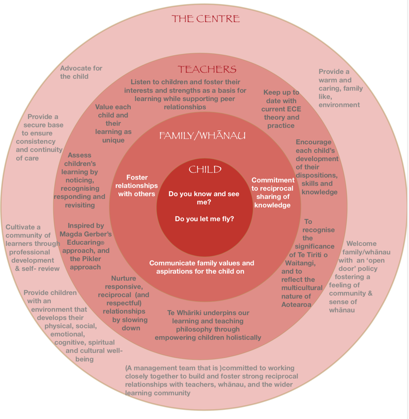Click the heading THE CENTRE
205,19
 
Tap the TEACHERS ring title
207,70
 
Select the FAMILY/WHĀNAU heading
202,135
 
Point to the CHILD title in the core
205,170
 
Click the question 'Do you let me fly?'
204,219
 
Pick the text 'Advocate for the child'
81,72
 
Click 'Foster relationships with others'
137,186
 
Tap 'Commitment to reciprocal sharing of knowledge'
273,193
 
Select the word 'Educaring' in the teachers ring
84,242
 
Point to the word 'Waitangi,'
300,263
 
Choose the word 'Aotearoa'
296,305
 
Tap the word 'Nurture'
124,278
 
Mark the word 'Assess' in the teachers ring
79,155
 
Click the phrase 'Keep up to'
281,92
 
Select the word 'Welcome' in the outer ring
361,244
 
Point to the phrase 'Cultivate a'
23,227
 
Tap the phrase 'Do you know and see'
204,194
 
